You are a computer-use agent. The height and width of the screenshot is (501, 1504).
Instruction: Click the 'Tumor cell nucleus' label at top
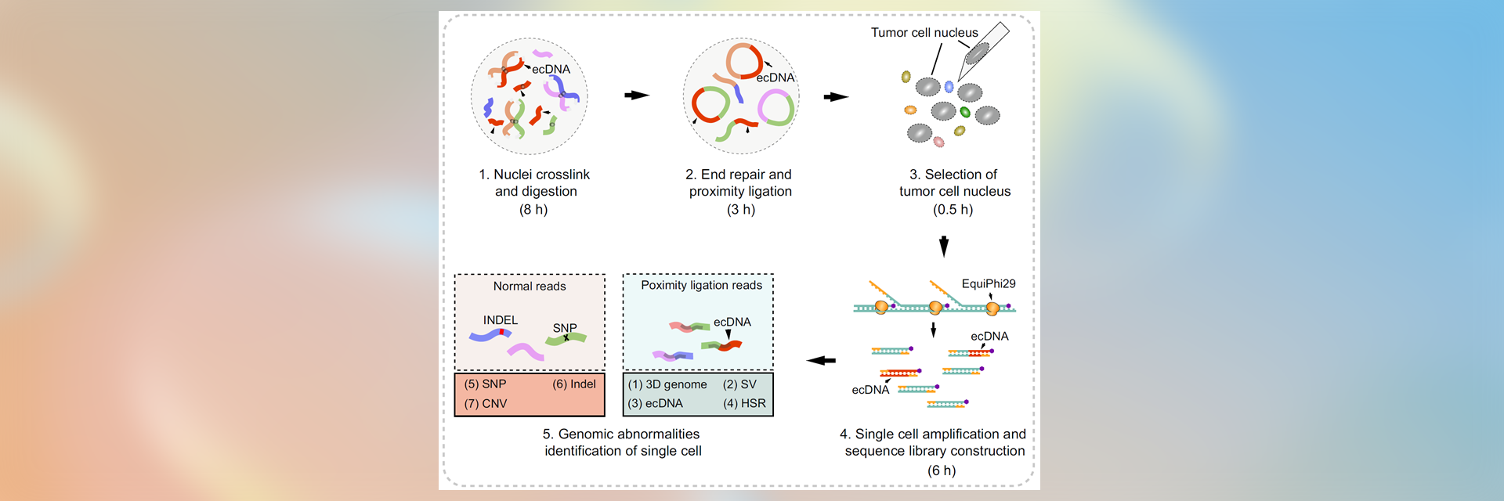click(924, 33)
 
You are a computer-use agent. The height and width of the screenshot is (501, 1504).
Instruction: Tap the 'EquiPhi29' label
click(988, 284)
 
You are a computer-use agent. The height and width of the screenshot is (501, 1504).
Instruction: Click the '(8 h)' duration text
click(533, 210)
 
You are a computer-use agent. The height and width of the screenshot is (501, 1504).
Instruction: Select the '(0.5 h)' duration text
click(953, 210)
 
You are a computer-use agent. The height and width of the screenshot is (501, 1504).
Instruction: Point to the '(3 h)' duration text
click(740, 210)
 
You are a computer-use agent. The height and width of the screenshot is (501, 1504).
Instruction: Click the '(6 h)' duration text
click(942, 470)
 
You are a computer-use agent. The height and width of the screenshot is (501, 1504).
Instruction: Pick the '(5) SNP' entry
click(485, 384)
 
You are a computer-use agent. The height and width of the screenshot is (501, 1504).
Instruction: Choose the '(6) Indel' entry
click(574, 384)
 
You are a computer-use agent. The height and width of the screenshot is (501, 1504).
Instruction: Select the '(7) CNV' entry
click(486, 404)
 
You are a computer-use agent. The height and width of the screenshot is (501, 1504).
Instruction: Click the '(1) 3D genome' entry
click(667, 384)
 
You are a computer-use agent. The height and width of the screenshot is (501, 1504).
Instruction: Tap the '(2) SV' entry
click(739, 384)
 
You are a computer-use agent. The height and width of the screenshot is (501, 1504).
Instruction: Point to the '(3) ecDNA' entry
click(656, 404)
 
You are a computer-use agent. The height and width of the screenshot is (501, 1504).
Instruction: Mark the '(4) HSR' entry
click(744, 404)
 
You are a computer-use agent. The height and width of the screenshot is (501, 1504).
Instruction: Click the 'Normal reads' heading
click(530, 287)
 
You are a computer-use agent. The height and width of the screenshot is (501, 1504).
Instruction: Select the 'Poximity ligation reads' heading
click(701, 286)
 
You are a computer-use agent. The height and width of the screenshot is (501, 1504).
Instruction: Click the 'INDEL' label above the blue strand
click(501, 320)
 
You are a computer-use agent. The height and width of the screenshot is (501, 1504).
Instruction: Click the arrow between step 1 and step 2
click(637, 96)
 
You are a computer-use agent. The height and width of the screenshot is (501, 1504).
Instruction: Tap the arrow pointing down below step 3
click(944, 247)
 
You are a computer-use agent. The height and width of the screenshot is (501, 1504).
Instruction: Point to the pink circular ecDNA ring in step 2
click(775, 108)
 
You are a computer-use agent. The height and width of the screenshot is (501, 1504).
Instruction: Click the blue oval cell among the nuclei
click(949, 87)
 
